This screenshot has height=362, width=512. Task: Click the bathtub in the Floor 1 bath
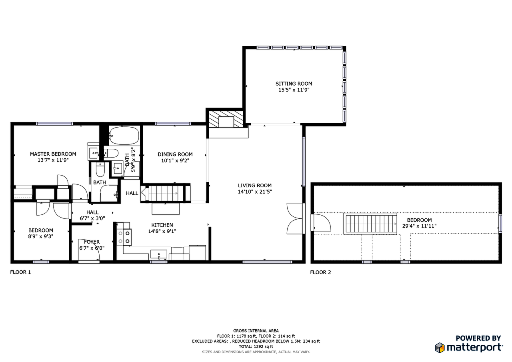[x=124, y=136]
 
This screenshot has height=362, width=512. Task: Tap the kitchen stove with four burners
[x=124, y=236]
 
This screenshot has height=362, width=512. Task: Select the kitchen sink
[x=159, y=254]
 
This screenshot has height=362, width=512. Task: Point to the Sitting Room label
[x=294, y=84]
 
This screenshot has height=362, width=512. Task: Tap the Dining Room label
[x=175, y=154]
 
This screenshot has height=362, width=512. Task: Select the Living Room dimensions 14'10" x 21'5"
[x=255, y=192]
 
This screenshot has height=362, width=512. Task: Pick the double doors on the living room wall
[x=295, y=218]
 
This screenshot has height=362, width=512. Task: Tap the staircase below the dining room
[x=164, y=193]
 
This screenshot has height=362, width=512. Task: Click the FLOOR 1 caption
[x=20, y=272]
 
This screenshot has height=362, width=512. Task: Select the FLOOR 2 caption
[x=320, y=272]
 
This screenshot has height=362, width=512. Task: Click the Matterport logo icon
[x=440, y=348]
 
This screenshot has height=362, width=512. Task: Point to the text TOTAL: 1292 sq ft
[x=256, y=346]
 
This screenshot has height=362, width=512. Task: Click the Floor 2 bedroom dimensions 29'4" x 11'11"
[x=419, y=226]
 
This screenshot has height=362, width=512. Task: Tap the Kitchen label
[x=162, y=225]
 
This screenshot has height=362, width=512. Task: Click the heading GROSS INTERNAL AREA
[x=256, y=331]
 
